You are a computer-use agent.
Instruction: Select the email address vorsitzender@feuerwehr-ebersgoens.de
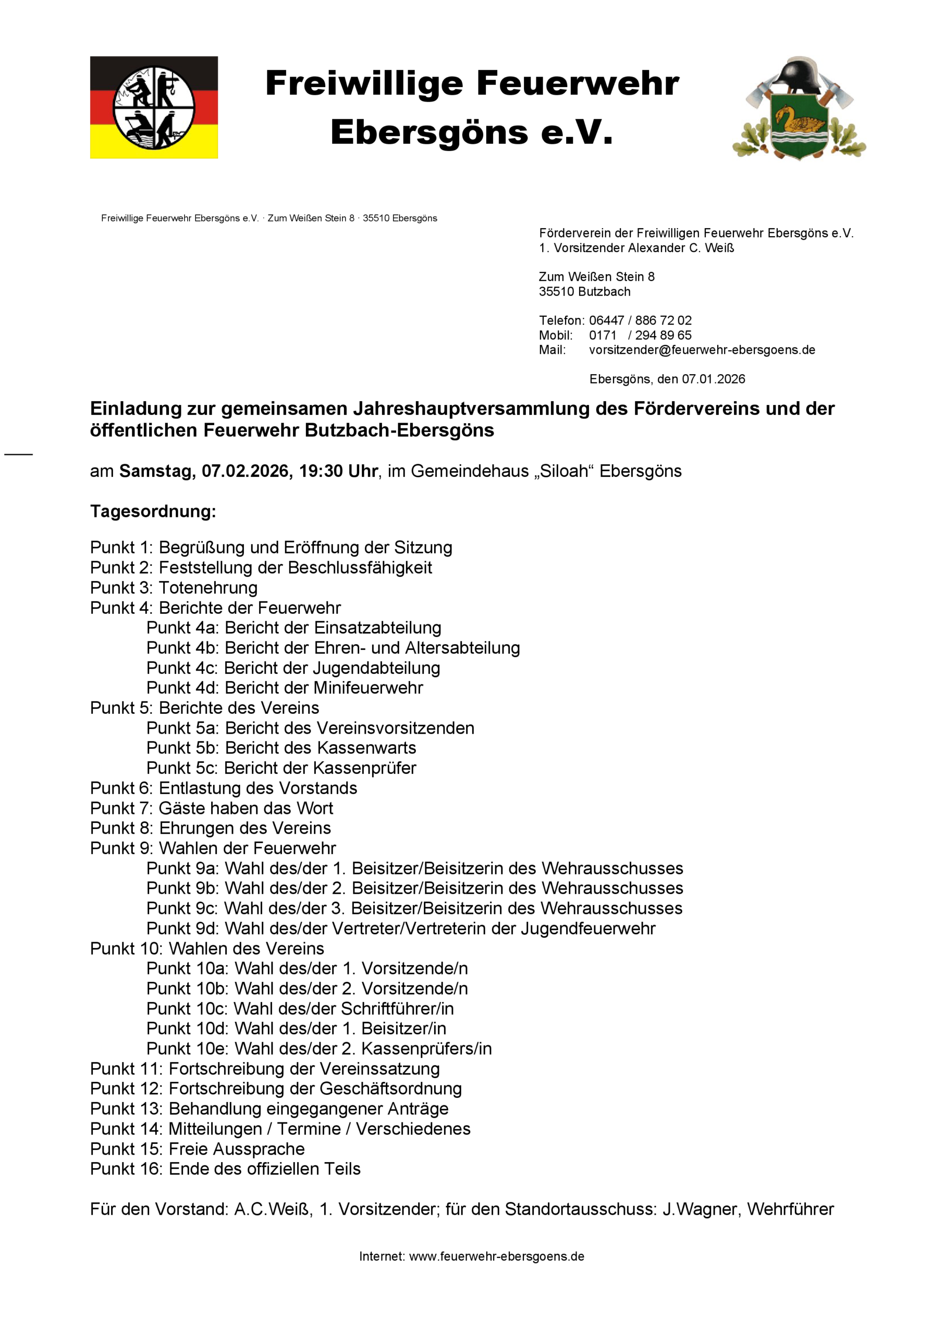pyautogui.click(x=702, y=350)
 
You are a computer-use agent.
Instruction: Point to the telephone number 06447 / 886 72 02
pyautogui.click(x=640, y=320)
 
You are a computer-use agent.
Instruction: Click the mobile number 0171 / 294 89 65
pyautogui.click(x=640, y=335)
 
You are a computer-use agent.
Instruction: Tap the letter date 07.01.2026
pyautogui.click(x=713, y=379)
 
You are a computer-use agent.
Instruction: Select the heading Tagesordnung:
pyautogui.click(x=153, y=511)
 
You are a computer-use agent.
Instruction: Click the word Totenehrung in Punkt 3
pyautogui.click(x=208, y=587)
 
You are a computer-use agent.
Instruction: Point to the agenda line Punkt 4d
pyautogui.click(x=284, y=688)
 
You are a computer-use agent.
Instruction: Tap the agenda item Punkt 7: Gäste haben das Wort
pyautogui.click(x=212, y=808)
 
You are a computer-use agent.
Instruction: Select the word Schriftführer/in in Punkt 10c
pyautogui.click(x=397, y=1009)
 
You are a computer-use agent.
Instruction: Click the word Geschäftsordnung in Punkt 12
pyautogui.click(x=390, y=1089)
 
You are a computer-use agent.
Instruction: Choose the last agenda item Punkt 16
pyautogui.click(x=225, y=1169)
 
